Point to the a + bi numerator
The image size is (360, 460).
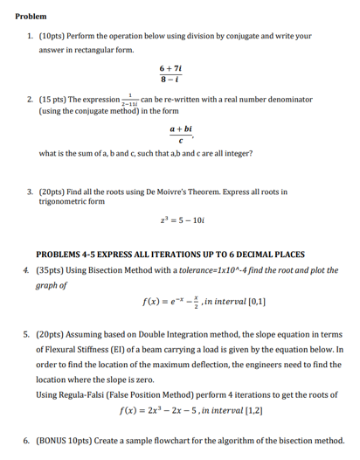pos(181,128)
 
